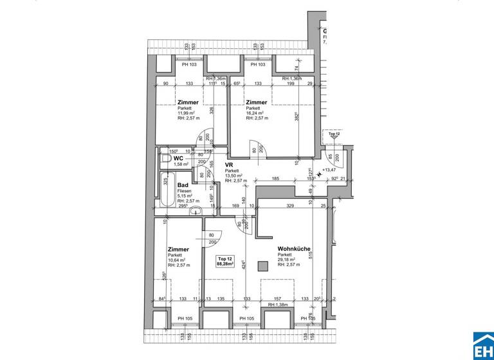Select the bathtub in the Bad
click(x=166, y=188)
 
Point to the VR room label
click(x=228, y=165)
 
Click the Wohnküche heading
click(x=294, y=249)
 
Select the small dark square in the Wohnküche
click(x=261, y=266)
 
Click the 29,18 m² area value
click(x=286, y=260)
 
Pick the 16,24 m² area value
click(x=254, y=113)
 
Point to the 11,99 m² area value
click(x=187, y=113)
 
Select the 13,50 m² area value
click(x=232, y=175)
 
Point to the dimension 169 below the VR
click(x=236, y=206)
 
